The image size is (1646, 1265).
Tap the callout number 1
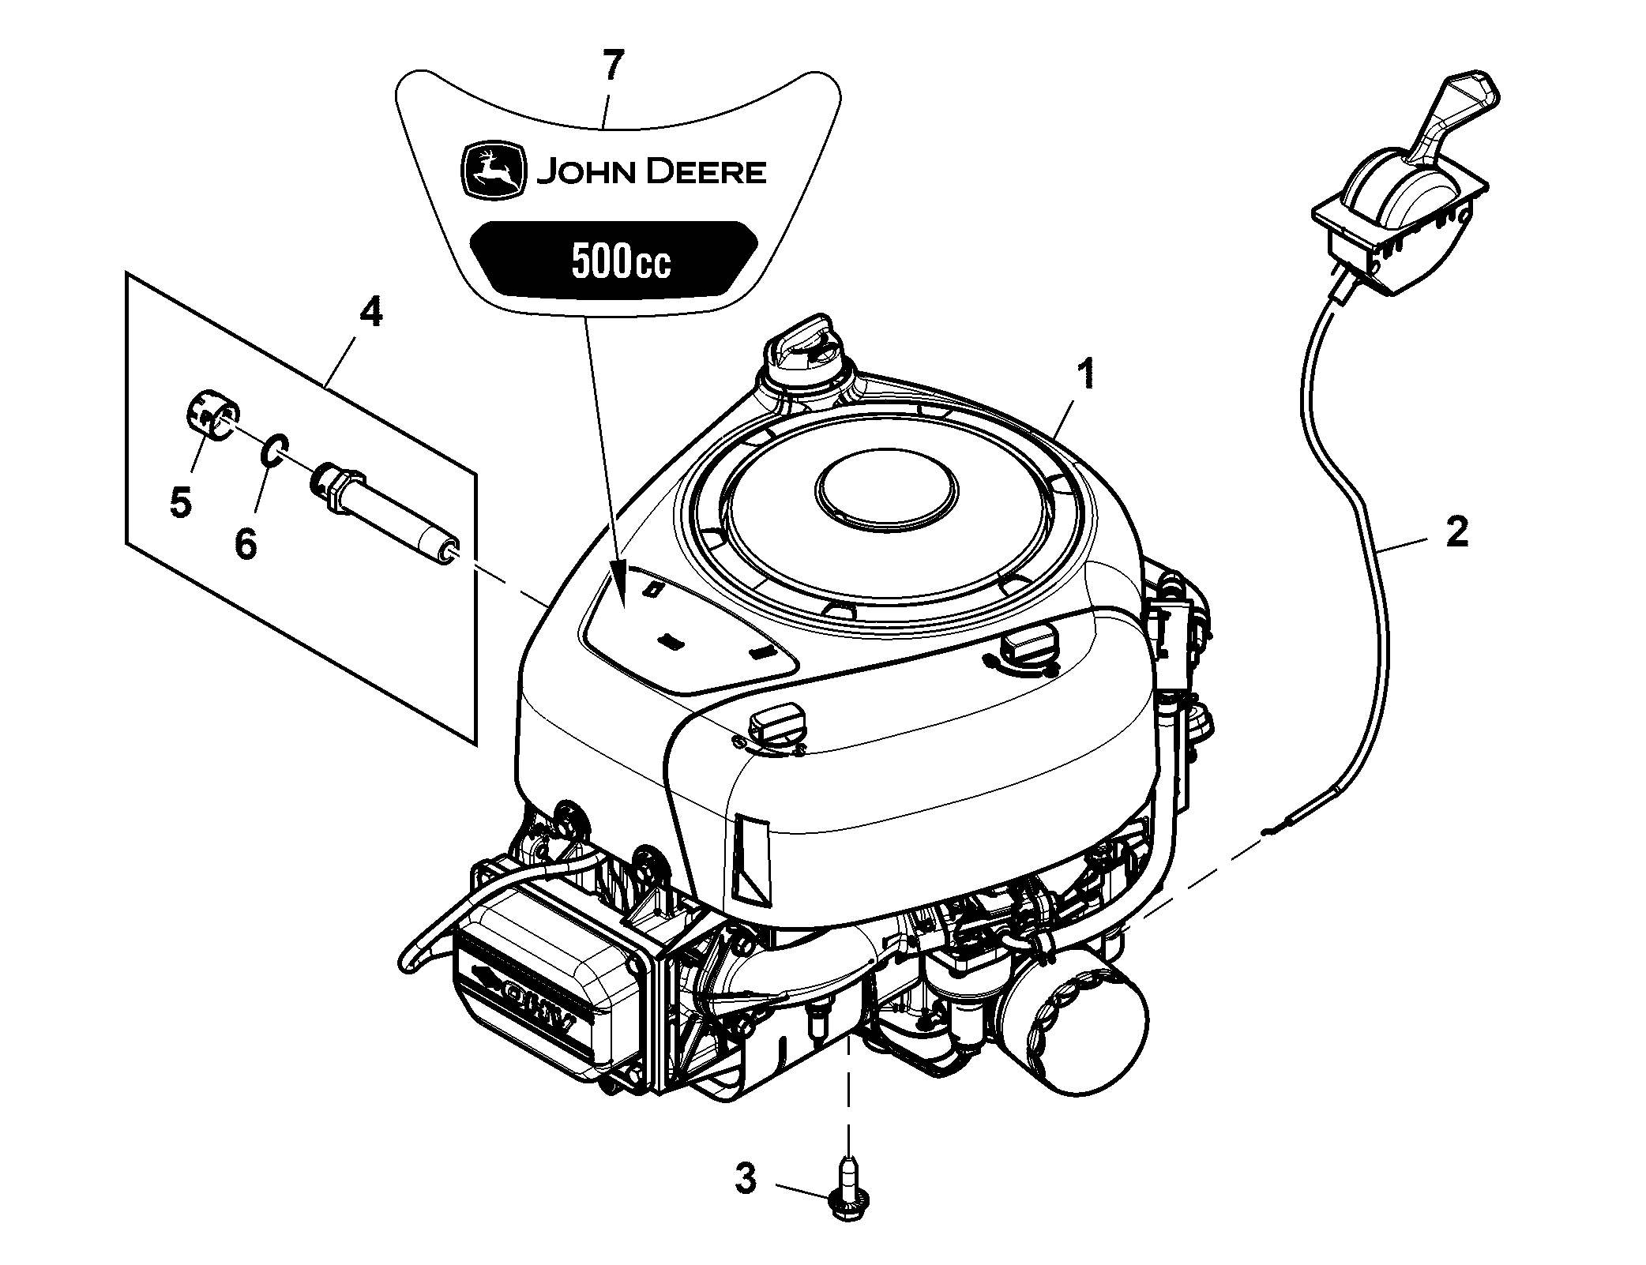1087,373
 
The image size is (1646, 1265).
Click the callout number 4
370,313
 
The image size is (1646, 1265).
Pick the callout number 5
181,502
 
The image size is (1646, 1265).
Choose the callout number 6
246,544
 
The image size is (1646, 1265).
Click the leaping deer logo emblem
494,171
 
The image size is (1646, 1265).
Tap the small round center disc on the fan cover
886,492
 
